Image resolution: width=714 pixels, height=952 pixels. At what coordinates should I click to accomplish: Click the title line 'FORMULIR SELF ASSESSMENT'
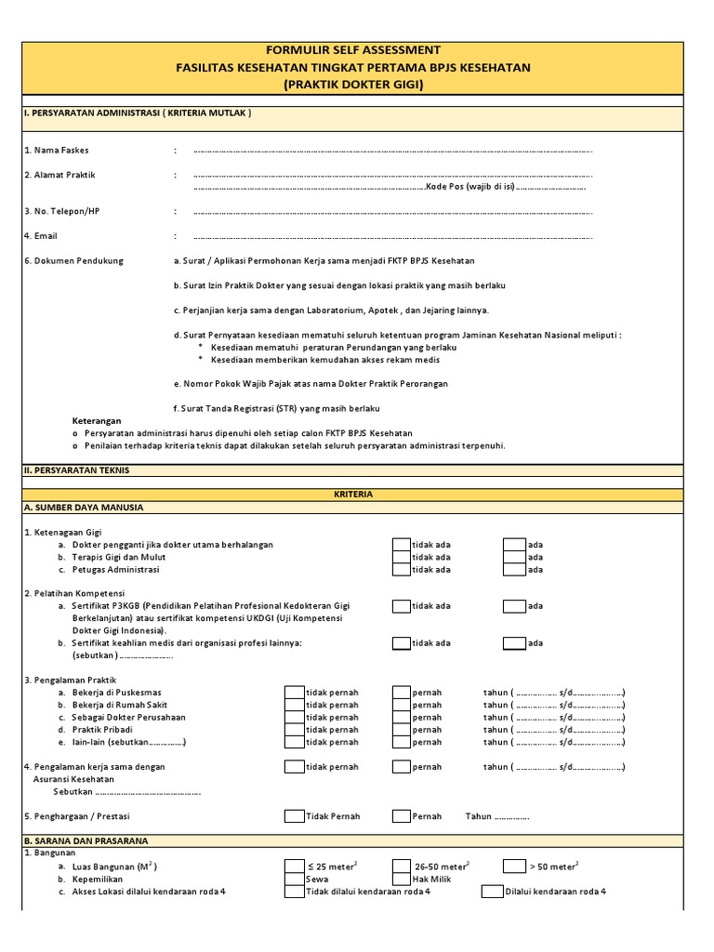pos(353,50)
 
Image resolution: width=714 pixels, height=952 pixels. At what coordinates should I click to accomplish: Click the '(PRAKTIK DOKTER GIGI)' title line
pos(353,85)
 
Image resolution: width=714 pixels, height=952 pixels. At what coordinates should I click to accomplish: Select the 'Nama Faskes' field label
pos(57,150)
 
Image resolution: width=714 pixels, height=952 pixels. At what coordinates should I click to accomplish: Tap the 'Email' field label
pos(41,236)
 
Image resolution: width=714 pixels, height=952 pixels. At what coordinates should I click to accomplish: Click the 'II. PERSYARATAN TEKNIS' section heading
pos(76,470)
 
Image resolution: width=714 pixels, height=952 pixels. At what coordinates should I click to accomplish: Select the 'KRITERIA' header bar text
pos(353,495)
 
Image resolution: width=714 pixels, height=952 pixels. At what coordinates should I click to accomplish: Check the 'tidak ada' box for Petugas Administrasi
pos(401,569)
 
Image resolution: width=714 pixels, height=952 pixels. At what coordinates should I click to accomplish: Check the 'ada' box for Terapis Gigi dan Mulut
pos(514,557)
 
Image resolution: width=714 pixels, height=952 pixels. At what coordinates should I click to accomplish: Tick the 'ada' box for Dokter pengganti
pos(514,545)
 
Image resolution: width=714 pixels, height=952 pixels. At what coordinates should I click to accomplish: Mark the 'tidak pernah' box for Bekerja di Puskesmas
pos(294,693)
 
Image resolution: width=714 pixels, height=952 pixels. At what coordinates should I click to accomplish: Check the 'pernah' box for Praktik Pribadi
pos(401,730)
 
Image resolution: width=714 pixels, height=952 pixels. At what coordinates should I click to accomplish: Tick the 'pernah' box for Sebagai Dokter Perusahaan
pos(401,718)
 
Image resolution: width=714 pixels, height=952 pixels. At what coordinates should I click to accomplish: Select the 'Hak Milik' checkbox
pos(401,879)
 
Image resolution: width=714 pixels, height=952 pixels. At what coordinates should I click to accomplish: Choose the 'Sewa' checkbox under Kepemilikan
pos(294,879)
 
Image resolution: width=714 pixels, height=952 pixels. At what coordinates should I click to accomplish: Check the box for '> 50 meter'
pos(514,866)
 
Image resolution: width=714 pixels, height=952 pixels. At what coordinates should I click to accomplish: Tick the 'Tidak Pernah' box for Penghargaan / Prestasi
pos(294,816)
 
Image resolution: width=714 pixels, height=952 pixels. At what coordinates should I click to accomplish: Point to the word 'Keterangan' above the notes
pos(97,420)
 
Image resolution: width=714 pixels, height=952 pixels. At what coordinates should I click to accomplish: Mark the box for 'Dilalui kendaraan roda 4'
pos(492,891)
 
